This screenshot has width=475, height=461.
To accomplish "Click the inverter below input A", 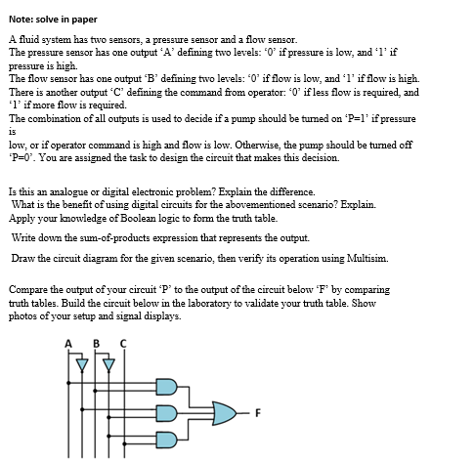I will point(78,366).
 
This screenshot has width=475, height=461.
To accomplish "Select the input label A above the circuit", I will point(68,343).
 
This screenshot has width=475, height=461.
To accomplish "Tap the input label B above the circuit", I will point(95,343).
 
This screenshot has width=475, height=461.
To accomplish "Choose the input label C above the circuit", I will point(121,343).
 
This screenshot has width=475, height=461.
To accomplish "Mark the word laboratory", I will point(274,303).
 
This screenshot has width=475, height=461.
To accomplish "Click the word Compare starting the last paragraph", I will point(29,290).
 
